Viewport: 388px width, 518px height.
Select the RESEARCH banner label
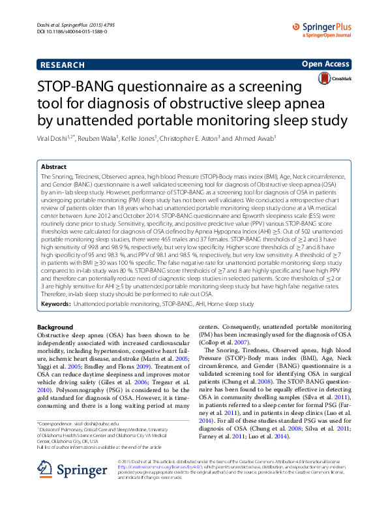pos(62,65)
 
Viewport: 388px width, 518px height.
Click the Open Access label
pos(325,64)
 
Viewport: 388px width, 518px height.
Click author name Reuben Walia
pos(100,140)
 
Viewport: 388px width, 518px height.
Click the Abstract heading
pos(53,167)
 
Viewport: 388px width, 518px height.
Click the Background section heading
pos(55,327)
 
